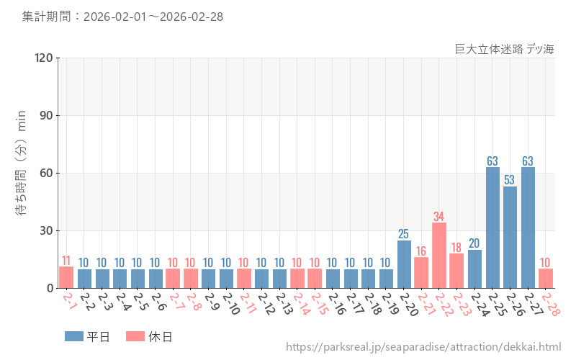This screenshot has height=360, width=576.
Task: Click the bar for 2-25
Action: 492,228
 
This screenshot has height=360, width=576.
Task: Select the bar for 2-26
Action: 510,238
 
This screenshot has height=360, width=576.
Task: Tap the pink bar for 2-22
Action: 439,256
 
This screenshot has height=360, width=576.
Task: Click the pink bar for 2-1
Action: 66,277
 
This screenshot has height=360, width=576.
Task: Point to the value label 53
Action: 510,180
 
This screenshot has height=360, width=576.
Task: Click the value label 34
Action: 439,216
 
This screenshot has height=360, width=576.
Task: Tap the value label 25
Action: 404,233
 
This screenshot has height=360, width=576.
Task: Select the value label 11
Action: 66,260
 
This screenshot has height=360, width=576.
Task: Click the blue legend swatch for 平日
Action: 74,336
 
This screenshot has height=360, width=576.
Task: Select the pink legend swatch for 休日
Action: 135,336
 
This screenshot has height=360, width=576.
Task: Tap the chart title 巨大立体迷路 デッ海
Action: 505,49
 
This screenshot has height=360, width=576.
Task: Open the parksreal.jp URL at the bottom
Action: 423,347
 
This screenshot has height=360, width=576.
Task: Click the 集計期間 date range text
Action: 122,17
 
